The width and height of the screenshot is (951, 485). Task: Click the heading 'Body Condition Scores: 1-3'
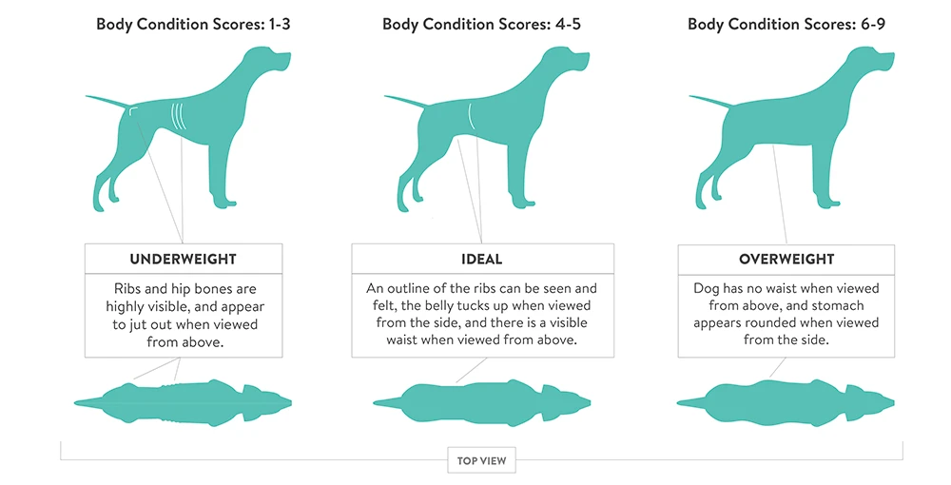[193, 25]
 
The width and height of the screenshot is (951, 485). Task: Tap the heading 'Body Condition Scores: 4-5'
[481, 25]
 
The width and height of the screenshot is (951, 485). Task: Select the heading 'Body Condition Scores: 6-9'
[786, 25]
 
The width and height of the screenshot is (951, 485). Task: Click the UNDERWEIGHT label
[184, 259]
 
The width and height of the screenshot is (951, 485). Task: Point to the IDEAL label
[482, 259]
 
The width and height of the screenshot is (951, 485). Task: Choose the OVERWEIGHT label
[786, 259]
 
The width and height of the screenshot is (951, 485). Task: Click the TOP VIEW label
[481, 460]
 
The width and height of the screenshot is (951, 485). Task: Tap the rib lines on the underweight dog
[179, 116]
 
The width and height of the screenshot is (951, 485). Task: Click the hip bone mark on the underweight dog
[133, 109]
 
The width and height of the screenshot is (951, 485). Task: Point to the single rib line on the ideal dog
[471, 117]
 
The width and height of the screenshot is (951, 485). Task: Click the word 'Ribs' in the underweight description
[128, 288]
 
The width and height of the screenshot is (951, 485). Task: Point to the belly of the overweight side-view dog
[776, 141]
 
